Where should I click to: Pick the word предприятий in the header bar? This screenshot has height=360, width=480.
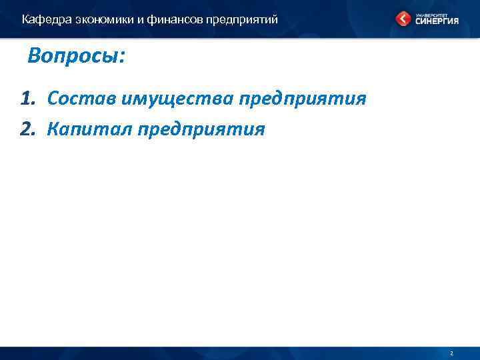pyautogui.click(x=241, y=19)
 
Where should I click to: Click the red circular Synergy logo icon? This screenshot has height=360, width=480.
pyautogui.click(x=404, y=19)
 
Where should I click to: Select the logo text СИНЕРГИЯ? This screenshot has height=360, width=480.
pyautogui.click(x=436, y=21)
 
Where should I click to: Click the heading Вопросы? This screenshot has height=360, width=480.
pyautogui.click(x=75, y=56)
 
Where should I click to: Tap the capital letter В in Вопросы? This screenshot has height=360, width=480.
pyautogui.click(x=35, y=56)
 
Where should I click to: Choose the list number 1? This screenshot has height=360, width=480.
pyautogui.click(x=27, y=99)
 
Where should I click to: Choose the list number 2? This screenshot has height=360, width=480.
pyautogui.click(x=27, y=129)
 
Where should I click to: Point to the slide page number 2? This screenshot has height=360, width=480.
pyautogui.click(x=451, y=353)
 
